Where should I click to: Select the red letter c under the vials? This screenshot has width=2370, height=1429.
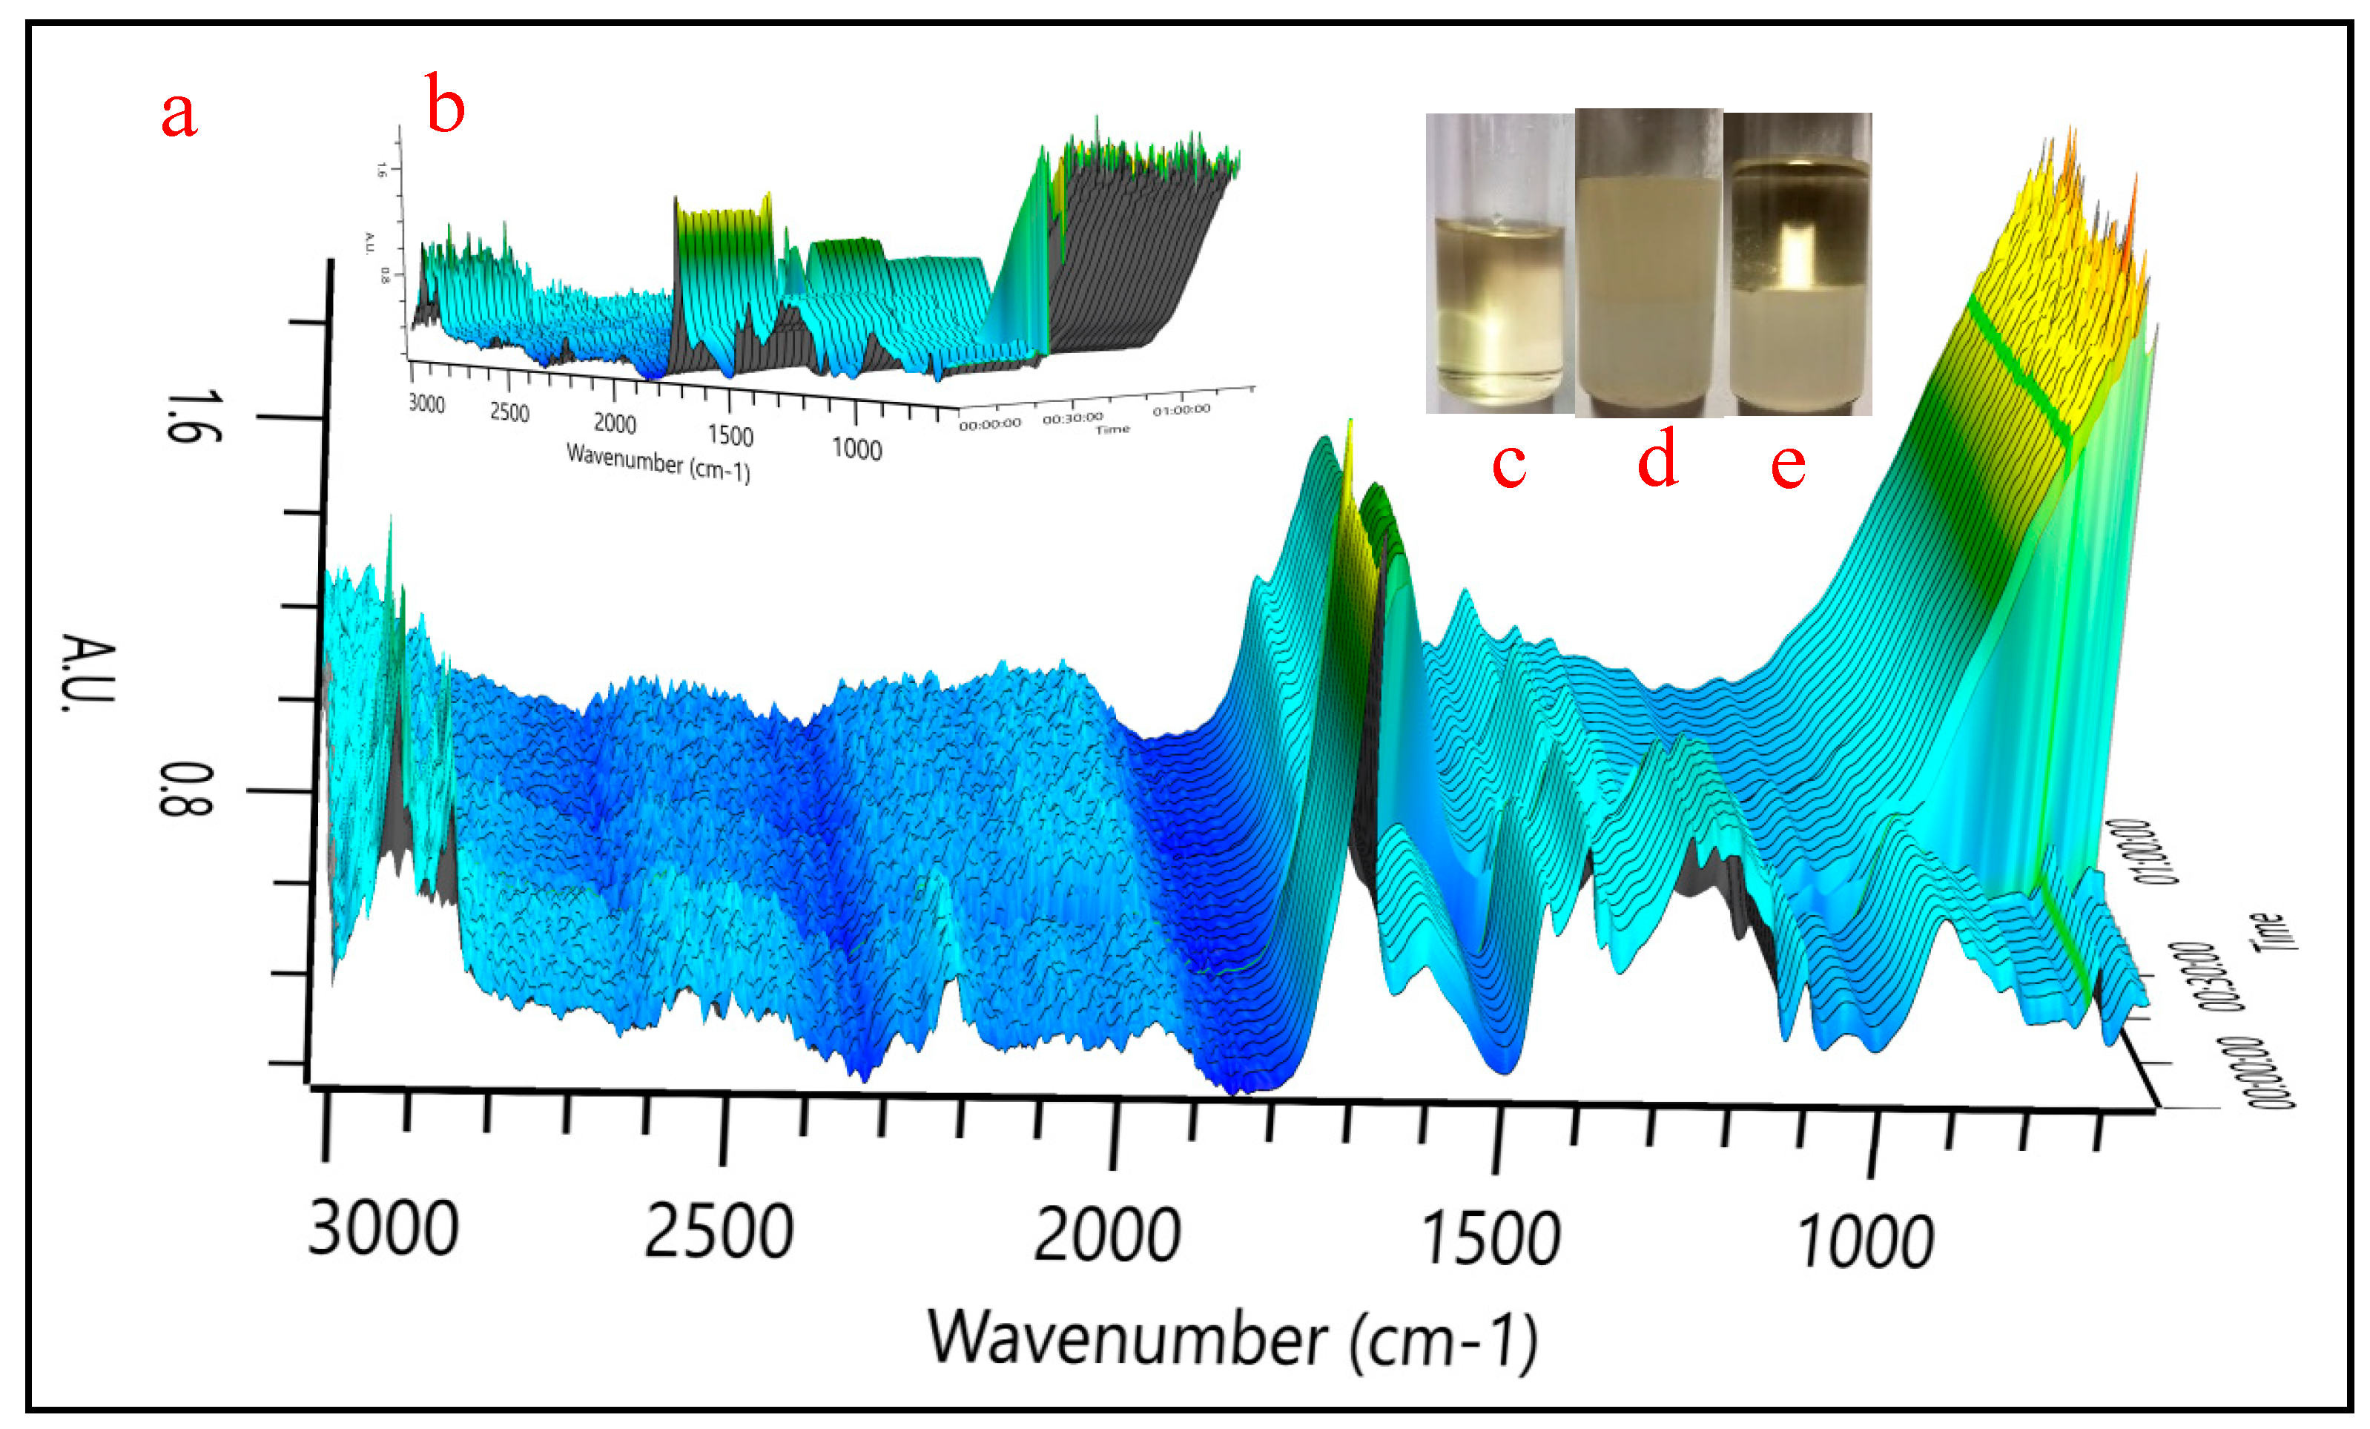[x=1508, y=463]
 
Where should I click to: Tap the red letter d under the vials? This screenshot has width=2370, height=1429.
[x=1658, y=459]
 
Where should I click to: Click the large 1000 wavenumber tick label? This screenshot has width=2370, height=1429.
[x=1865, y=1241]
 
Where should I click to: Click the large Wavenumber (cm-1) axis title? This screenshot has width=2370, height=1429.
[x=1231, y=1339]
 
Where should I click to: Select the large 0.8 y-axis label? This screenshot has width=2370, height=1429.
[x=185, y=790]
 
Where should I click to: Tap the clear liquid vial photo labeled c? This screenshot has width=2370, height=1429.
[x=1499, y=265]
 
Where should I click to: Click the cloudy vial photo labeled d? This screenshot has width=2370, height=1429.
[x=1648, y=263]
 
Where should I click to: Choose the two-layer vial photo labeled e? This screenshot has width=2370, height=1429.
[x=1798, y=265]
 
